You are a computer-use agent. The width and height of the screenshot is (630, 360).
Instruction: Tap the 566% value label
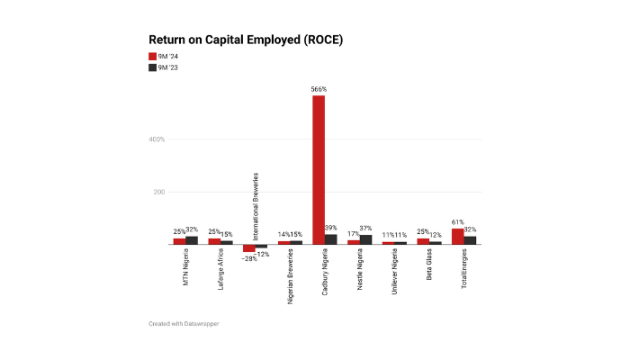point(319,90)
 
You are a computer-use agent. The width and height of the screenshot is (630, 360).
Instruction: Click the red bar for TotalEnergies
point(457,236)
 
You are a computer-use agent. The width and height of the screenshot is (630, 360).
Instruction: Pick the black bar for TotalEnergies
point(470,239)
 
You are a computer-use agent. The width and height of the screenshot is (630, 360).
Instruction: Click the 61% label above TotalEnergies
point(457,222)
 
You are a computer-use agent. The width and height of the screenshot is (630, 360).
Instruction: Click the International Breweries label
point(255,206)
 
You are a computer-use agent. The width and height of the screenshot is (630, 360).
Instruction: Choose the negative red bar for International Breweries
point(248,247)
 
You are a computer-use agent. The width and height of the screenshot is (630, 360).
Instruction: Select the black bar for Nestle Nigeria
point(365,239)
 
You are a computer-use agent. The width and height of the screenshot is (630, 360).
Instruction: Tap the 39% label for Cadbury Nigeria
point(332,228)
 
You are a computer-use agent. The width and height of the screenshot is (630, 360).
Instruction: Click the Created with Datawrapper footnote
point(184,323)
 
